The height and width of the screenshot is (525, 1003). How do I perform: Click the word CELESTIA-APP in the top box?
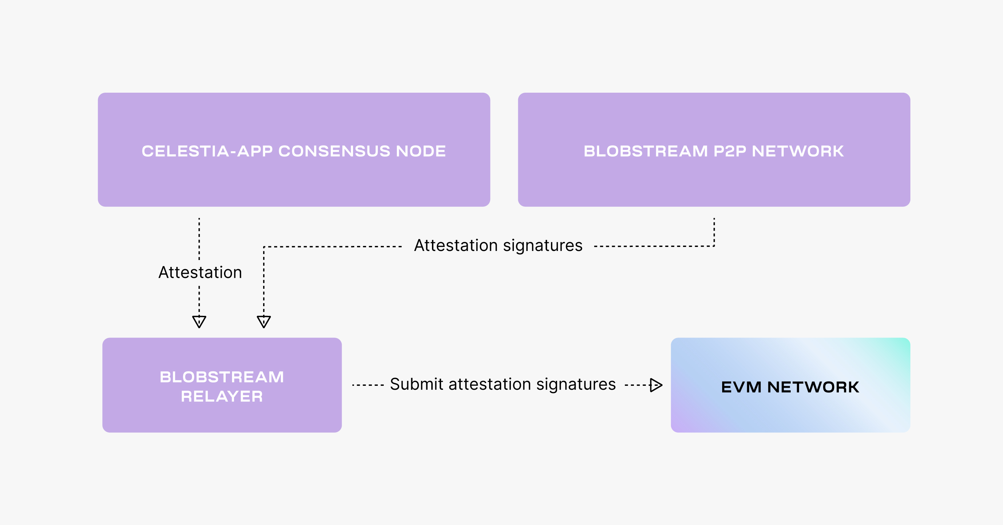[207, 151]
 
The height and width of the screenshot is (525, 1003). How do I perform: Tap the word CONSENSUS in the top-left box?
[334, 151]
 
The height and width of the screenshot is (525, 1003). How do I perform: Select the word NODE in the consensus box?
[421, 151]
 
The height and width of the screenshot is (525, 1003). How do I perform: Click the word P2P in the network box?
[730, 151]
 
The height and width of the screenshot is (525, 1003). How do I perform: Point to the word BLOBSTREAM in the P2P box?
[645, 151]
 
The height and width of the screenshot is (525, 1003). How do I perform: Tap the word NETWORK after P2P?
[797, 151]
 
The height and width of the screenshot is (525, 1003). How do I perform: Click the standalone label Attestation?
[200, 272]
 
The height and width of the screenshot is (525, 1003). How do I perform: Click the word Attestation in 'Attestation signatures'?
[456, 246]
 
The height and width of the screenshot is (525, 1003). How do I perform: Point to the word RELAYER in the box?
[222, 397]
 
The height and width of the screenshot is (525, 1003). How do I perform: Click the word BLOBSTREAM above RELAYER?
[222, 377]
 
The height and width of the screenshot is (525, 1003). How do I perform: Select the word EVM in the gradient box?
[741, 387]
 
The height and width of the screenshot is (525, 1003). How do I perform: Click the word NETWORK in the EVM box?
[813, 387]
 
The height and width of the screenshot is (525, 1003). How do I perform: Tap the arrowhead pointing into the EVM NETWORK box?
[656, 385]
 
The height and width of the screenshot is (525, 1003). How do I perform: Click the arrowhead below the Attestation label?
[199, 321]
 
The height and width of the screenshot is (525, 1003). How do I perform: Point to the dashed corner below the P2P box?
[714, 246]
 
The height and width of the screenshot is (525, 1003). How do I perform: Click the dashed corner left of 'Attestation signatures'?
[264, 247]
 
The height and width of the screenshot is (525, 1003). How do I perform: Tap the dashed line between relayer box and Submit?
[368, 385]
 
